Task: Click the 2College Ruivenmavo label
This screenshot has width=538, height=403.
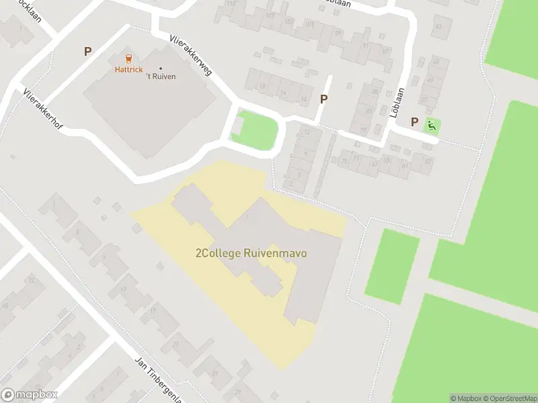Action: point(250,254)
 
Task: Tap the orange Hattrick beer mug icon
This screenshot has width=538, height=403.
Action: point(129,58)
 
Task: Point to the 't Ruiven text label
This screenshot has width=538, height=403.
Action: point(161,76)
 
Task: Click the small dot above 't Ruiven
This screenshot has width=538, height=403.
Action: point(161,68)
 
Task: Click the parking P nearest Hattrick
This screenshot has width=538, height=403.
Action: point(87,51)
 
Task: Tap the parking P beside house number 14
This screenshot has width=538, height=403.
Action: point(324,99)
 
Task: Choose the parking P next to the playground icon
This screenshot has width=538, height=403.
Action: point(414,123)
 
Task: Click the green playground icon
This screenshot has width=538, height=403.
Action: point(431,124)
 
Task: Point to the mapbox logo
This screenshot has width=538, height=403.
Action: point(30,395)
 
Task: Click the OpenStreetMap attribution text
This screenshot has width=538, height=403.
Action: point(510,398)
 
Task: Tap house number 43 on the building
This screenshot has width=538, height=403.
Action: point(438,27)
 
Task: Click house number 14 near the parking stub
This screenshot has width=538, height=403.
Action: point(304,99)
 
